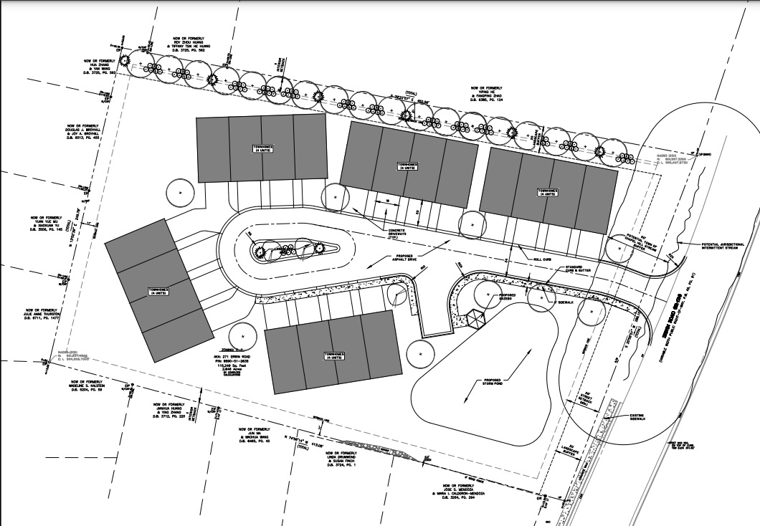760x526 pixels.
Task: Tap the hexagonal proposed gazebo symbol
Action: pos(478,316)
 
